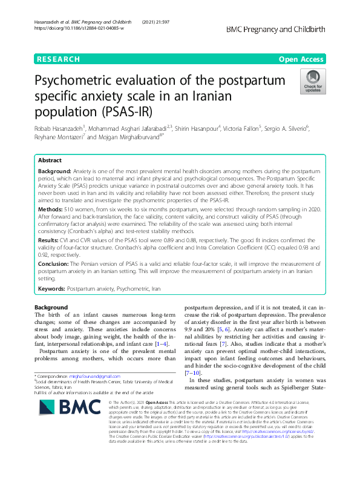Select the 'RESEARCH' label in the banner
pos(59,59)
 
